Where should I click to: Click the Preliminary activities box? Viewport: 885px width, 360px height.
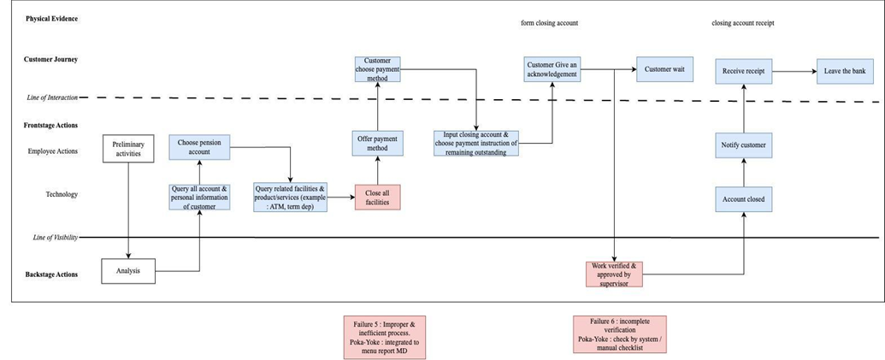pos(128,149)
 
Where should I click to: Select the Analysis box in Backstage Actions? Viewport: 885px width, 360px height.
pos(128,271)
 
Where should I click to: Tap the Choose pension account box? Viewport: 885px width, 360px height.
pos(202,147)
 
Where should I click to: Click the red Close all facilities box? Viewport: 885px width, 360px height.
pos(378,197)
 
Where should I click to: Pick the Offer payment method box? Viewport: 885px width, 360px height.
pos(378,144)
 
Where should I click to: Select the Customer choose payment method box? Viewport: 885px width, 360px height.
pos(378,69)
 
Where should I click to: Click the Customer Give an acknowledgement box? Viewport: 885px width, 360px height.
pos(552,69)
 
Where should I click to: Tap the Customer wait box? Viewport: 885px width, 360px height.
pos(664,69)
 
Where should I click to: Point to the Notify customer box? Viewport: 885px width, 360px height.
pos(743,145)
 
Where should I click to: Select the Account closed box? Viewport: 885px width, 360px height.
pos(743,199)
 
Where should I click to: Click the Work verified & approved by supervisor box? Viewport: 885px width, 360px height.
pos(614,274)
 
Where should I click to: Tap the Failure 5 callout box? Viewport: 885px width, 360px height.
pos(385,337)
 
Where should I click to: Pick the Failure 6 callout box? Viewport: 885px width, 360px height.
pos(620,334)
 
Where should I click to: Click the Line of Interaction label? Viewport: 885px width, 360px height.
pos(52,97)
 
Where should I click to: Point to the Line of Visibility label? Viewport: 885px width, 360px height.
pos(55,238)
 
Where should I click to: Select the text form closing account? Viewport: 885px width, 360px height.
pos(549,23)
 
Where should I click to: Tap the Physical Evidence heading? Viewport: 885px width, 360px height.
pos(52,19)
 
